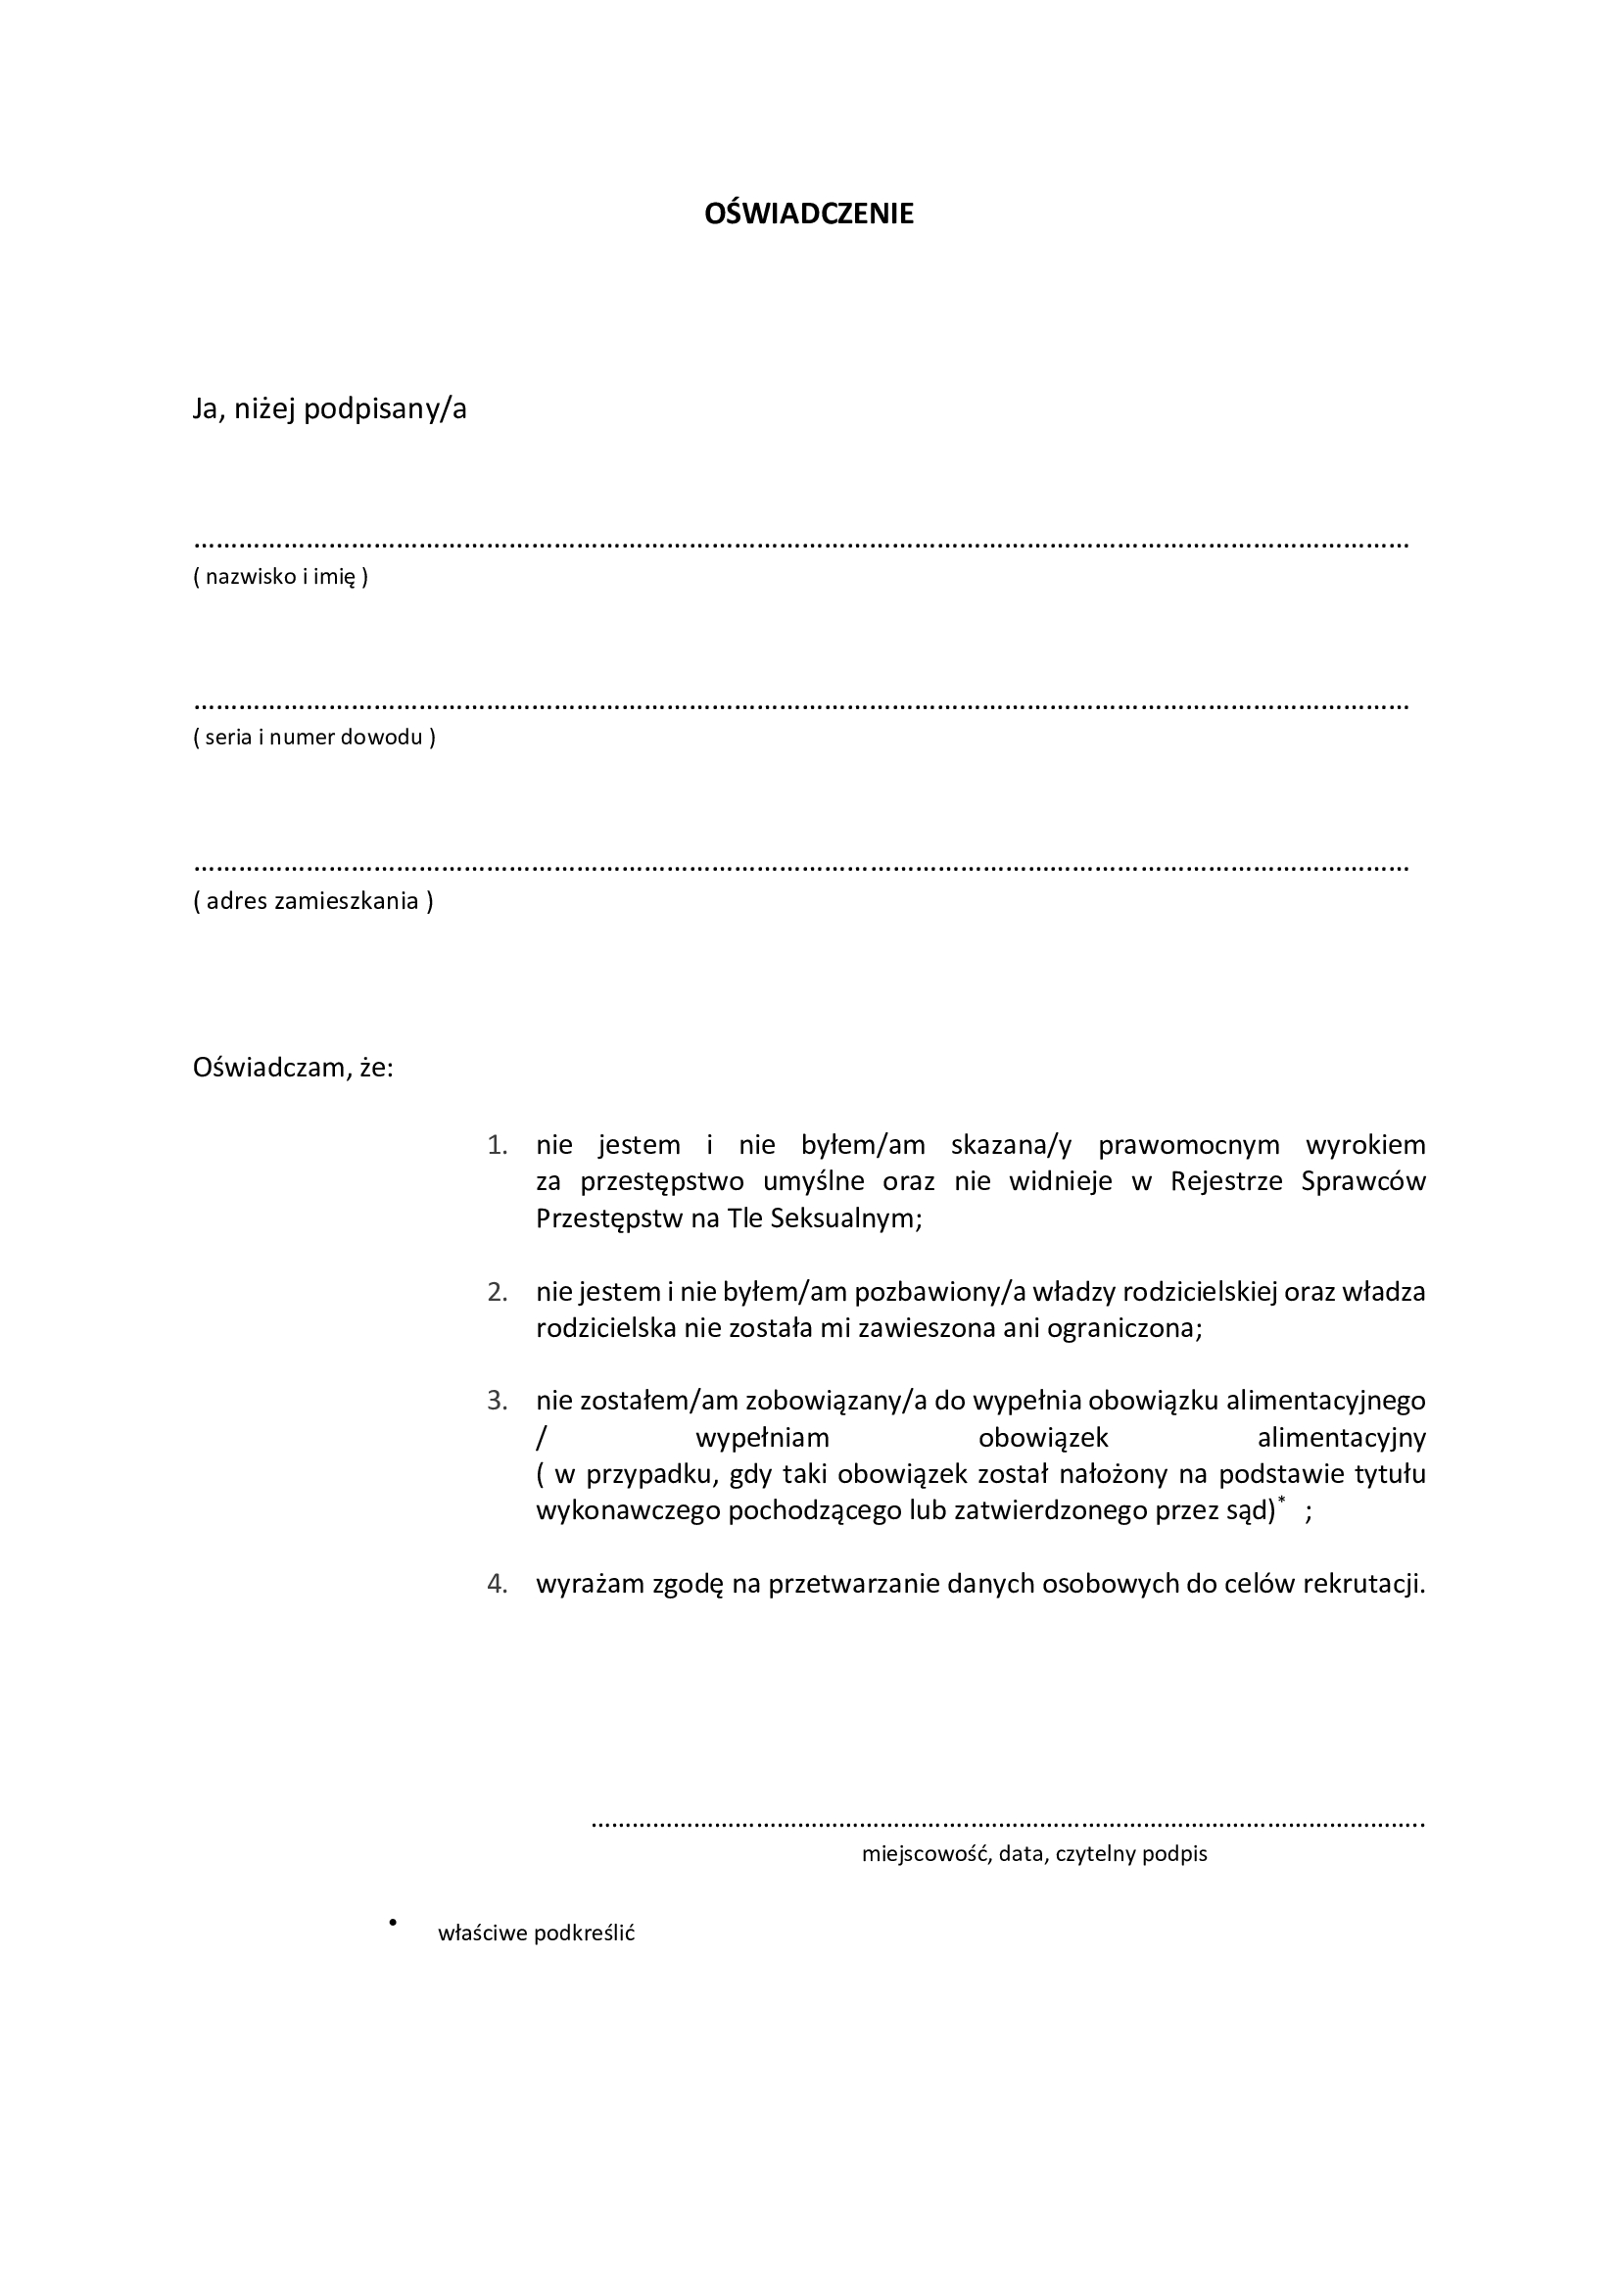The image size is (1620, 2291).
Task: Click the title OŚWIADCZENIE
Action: click(809, 215)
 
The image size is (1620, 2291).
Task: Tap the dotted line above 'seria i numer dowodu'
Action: click(800, 706)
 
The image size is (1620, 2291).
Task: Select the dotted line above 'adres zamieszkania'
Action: click(800, 868)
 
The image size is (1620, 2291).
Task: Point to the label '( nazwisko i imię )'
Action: click(280, 577)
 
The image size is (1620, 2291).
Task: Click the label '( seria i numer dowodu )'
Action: click(314, 739)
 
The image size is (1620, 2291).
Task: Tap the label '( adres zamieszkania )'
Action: click(313, 901)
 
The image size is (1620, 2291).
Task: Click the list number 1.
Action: click(497, 1146)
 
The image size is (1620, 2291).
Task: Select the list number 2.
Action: click(497, 1292)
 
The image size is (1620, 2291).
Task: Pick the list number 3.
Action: click(497, 1401)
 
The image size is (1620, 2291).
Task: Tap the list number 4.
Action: click(497, 1584)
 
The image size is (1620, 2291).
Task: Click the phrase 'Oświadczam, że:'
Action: click(293, 1068)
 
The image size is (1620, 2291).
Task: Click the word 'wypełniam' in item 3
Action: click(762, 1438)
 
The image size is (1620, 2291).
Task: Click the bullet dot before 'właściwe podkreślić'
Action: click(394, 1921)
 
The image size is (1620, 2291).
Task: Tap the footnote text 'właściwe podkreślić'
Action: click(537, 1933)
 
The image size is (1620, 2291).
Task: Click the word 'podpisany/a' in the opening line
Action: click(385, 409)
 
